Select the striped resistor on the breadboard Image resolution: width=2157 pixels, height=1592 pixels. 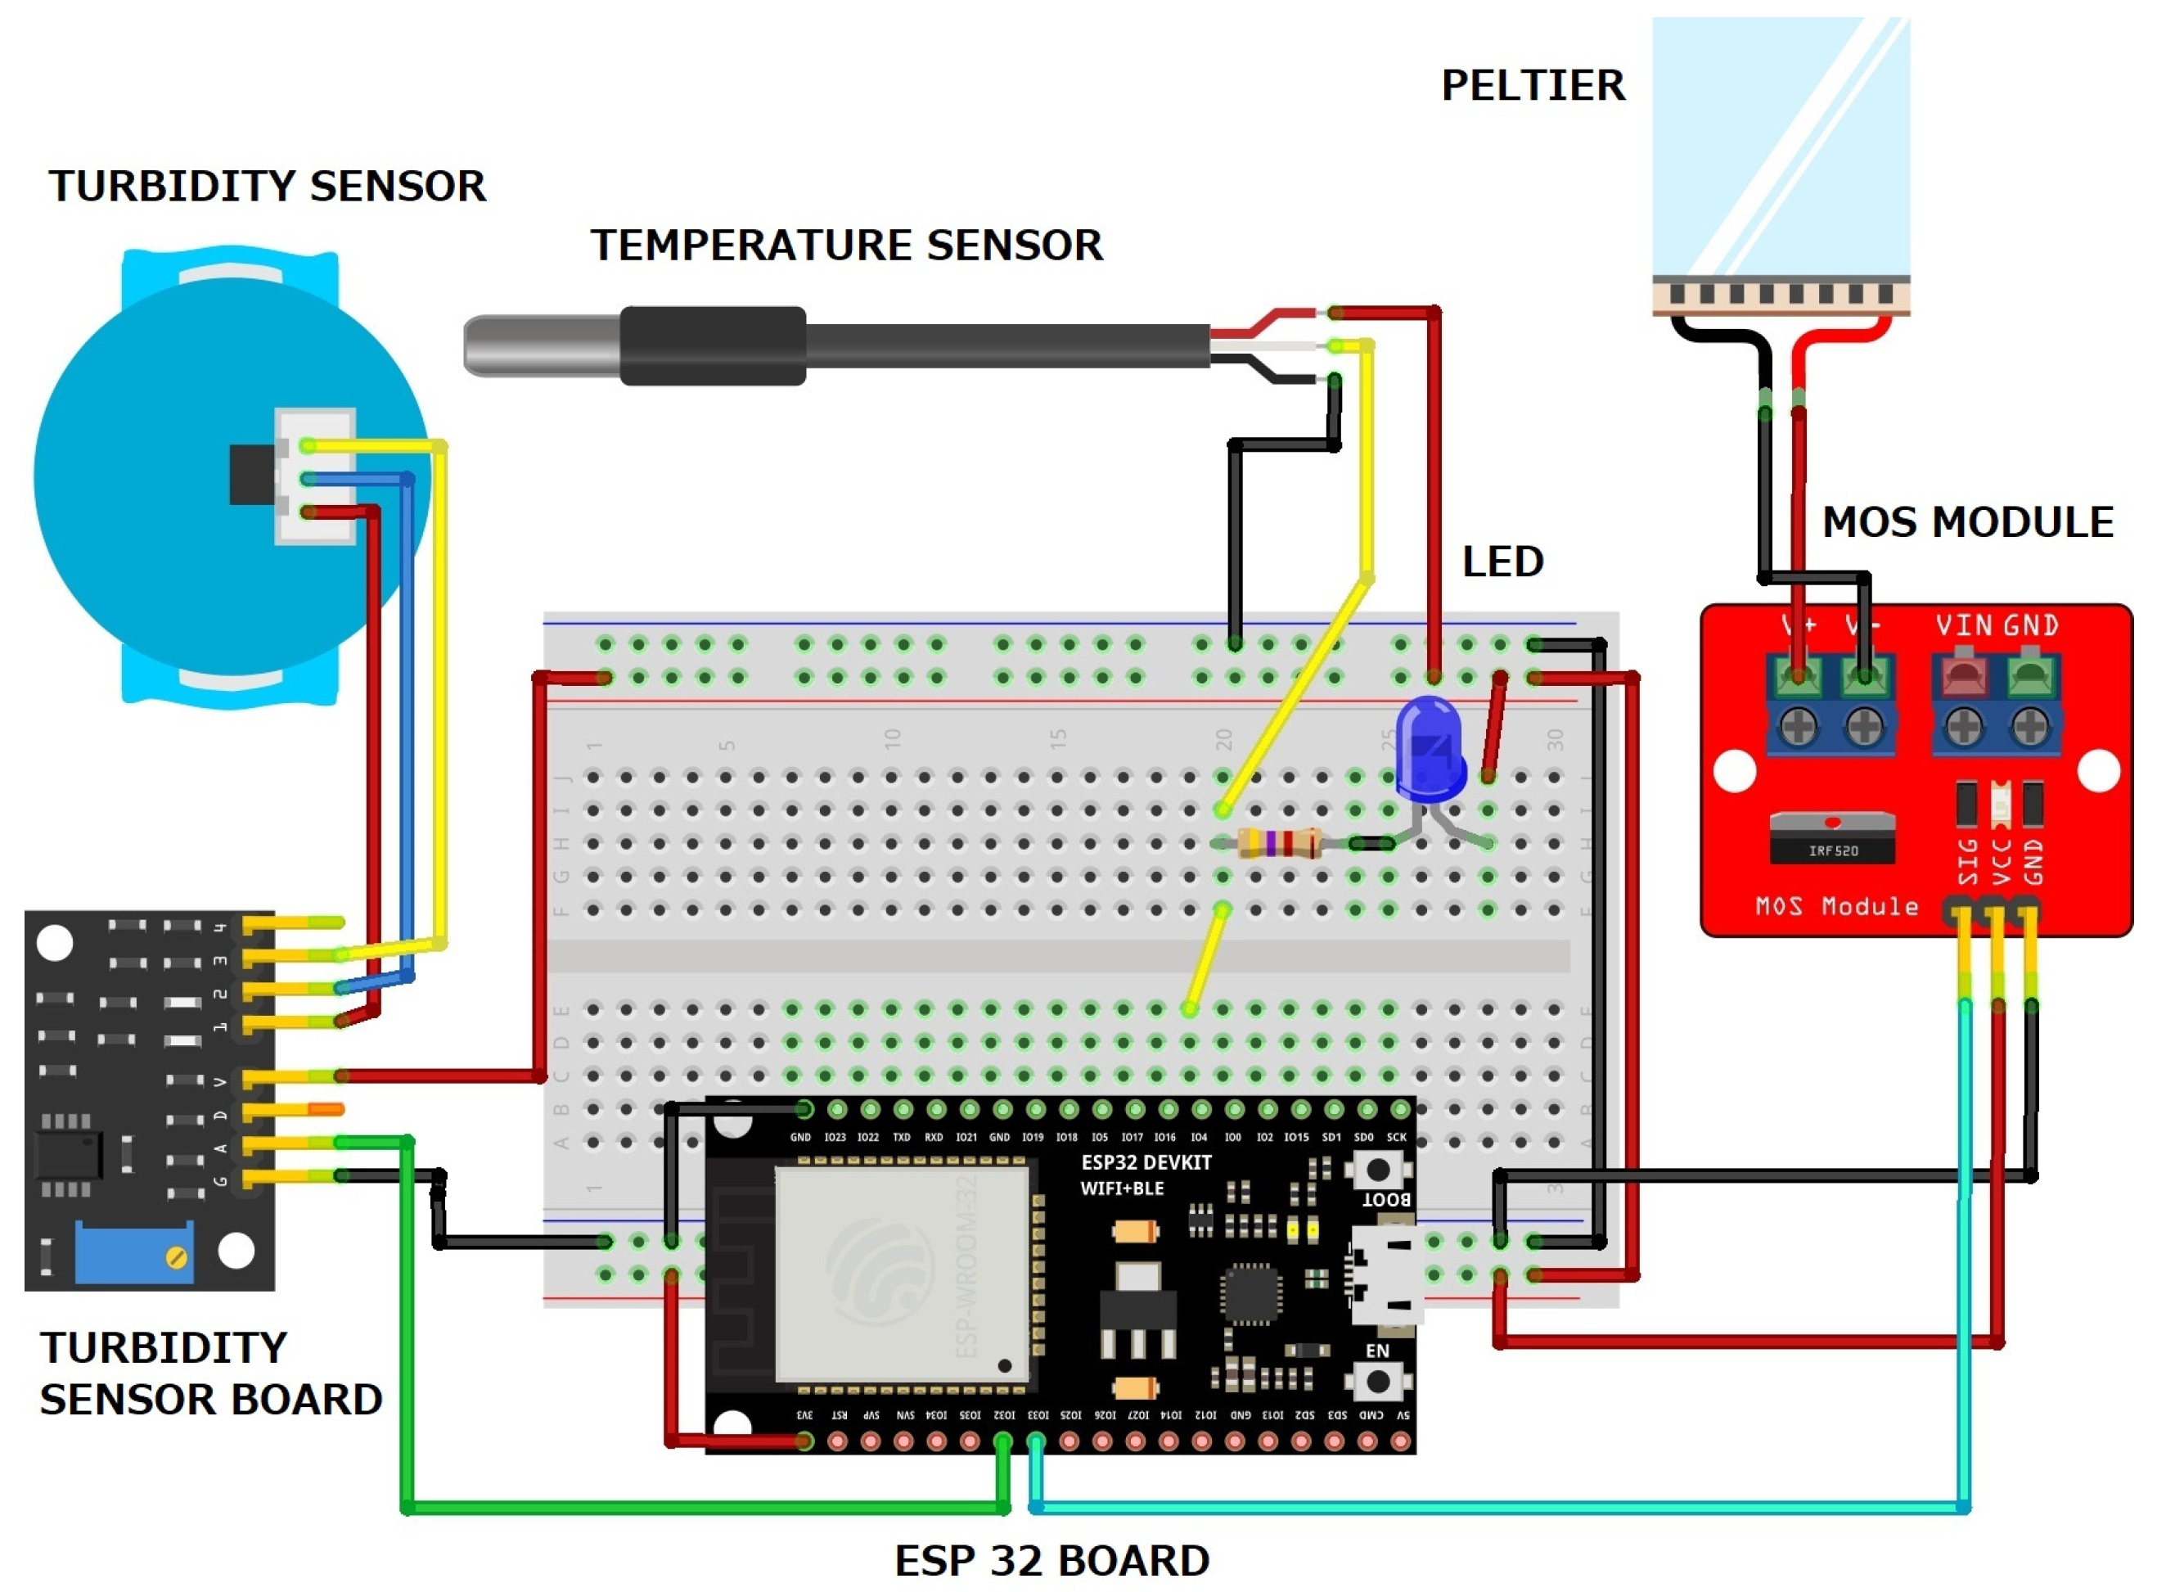click(1278, 844)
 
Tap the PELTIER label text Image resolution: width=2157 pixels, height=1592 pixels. click(1533, 86)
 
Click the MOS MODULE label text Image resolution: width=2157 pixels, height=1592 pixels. click(1968, 523)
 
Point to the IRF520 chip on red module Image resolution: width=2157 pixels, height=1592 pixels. click(1832, 841)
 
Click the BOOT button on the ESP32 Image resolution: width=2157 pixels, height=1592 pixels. click(1379, 1170)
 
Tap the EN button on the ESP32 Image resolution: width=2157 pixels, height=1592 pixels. click(1379, 1381)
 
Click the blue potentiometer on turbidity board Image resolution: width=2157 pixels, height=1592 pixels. click(134, 1253)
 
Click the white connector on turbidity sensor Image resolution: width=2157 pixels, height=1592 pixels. click(316, 477)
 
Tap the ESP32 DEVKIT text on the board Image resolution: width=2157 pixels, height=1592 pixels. click(1146, 1163)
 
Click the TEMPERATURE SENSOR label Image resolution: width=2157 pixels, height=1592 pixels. click(847, 246)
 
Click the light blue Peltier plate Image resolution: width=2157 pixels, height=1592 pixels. click(1781, 145)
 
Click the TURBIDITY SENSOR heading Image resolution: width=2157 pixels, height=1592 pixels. click(268, 187)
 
